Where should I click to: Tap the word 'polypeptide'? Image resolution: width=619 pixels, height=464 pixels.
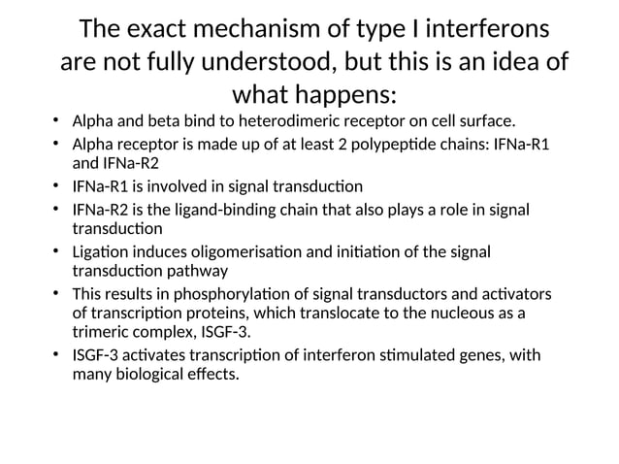[381, 145]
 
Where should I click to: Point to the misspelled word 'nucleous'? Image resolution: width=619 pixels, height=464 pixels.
[460, 314]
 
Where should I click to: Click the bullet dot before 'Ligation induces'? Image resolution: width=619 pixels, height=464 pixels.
[57, 252]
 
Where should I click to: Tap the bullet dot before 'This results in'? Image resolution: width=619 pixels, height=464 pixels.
[57, 294]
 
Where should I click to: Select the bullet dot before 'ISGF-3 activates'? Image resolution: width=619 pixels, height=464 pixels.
[57, 355]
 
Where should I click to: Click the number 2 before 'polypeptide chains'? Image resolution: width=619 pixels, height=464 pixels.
[331, 145]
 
